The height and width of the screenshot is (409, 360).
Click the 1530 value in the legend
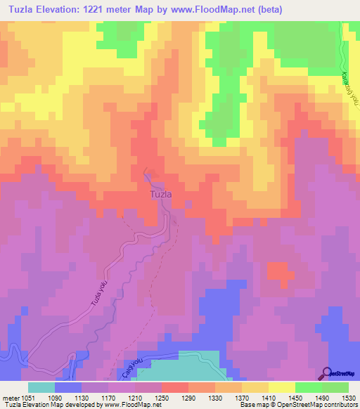click(x=348, y=397)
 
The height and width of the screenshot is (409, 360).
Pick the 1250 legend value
click(x=162, y=397)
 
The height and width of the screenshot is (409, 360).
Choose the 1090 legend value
click(x=55, y=397)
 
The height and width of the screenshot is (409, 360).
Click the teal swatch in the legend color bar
click(x=41, y=387)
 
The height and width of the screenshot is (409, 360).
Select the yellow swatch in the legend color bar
click(x=281, y=387)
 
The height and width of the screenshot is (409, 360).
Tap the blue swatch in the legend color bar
click(x=68, y=387)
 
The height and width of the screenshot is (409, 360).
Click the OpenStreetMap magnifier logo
click(x=327, y=373)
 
